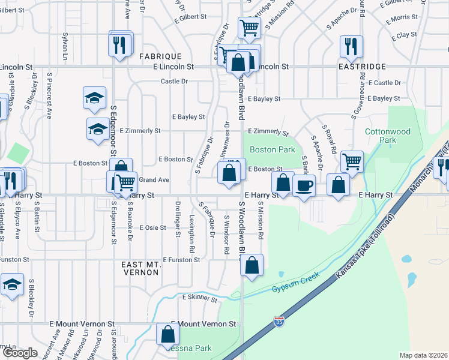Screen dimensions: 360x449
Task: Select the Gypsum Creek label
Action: coord(292,287)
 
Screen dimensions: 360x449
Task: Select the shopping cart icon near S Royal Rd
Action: coord(351,160)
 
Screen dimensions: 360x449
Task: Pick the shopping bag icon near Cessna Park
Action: coord(167,335)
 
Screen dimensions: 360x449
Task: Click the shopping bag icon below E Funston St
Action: coord(253,265)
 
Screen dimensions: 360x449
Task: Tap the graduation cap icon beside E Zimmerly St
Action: coord(98,129)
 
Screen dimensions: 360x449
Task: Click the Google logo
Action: coord(20,353)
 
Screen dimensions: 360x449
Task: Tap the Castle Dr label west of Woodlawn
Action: coord(174,82)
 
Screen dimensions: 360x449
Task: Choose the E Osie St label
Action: coord(152,228)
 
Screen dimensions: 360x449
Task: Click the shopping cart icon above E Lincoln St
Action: coord(249,26)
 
